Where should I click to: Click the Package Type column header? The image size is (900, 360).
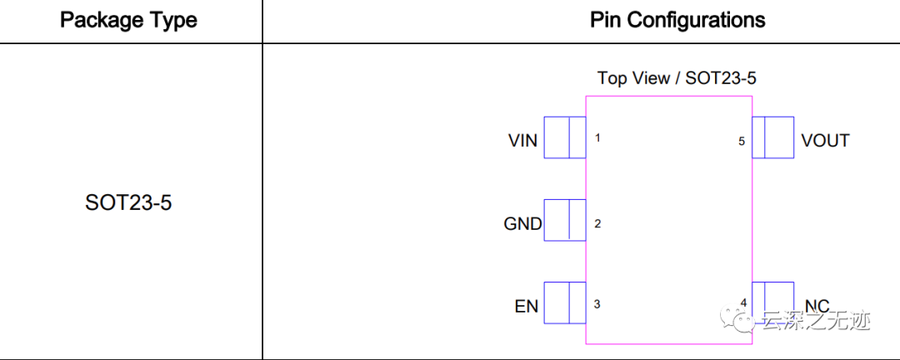click(129, 20)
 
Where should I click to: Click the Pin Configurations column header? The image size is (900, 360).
click(677, 20)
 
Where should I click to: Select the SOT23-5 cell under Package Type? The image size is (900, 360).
click(129, 202)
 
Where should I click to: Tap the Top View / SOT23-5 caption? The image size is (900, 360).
click(677, 78)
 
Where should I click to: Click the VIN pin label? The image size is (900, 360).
click(523, 140)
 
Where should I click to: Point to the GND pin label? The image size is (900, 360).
click(522, 223)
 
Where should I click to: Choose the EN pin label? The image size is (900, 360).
click(527, 306)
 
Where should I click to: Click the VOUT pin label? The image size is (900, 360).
click(825, 140)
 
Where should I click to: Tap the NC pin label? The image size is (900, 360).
click(817, 307)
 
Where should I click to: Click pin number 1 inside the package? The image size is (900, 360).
click(597, 137)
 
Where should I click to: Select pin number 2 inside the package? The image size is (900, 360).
click(597, 223)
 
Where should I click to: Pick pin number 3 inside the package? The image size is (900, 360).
click(597, 304)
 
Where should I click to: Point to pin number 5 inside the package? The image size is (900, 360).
click(741, 141)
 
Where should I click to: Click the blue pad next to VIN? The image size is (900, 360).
click(565, 137)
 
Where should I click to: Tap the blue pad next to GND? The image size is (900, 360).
click(565, 220)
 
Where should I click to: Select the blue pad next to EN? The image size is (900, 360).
click(565, 302)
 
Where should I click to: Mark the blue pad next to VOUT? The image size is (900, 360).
click(772, 137)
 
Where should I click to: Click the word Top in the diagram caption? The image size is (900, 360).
click(611, 78)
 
